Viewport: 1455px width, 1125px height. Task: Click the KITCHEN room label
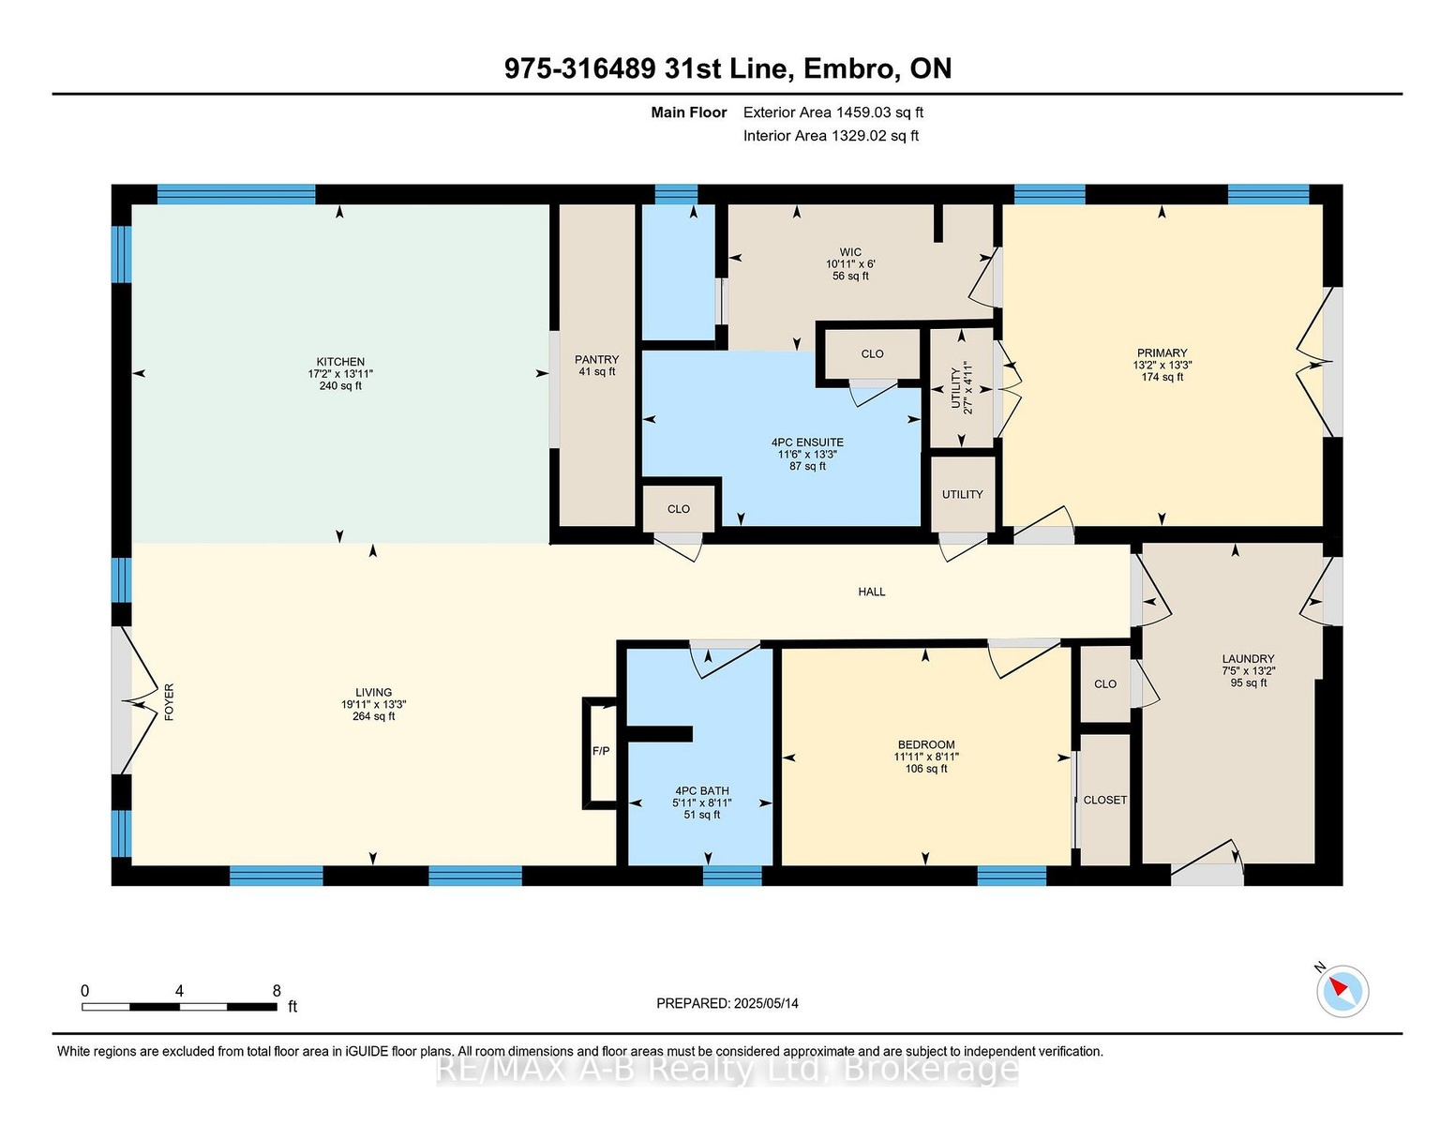coord(340,362)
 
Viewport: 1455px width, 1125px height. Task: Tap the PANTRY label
coord(596,359)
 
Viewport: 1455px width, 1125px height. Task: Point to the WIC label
coord(850,252)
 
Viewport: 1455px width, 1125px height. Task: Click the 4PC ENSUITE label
coord(807,442)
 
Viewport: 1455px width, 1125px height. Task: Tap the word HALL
coord(872,592)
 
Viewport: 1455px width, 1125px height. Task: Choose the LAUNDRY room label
coord(1248,658)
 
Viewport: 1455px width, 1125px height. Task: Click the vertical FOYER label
coord(170,702)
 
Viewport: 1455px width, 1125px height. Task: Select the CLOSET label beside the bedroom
coord(1104,800)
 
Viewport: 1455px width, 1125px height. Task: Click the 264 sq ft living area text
coord(374,716)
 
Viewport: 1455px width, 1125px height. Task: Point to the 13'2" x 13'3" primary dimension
coord(1162,366)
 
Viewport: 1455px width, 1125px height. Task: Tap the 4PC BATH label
coord(702,790)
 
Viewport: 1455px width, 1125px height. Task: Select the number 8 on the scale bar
coord(277,991)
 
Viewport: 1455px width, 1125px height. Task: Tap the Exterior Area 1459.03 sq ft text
coord(832,112)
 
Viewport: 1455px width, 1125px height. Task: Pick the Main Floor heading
coord(689,112)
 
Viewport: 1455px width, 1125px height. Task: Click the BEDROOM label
coord(926,745)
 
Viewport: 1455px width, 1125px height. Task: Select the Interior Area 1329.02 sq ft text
coord(831,136)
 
